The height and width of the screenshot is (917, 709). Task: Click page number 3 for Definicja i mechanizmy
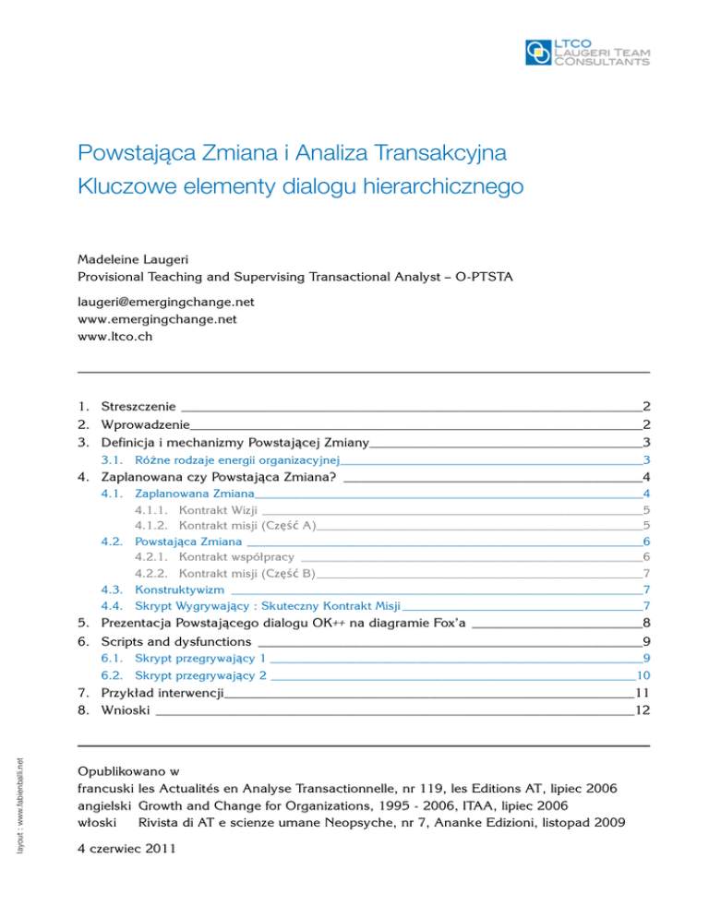coord(648,442)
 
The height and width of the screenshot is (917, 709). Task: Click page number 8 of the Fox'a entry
coord(648,623)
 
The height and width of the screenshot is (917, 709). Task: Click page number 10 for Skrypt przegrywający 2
coord(644,676)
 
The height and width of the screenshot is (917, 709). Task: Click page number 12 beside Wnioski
coord(643,710)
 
